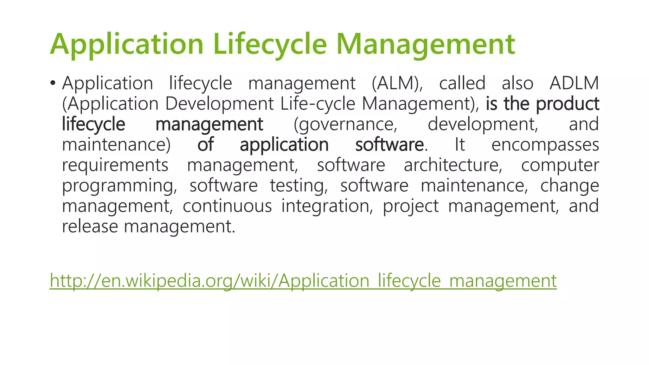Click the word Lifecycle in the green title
point(270,44)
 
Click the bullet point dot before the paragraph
point(53,83)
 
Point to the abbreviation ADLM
point(574,83)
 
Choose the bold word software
point(389,145)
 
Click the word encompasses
point(545,145)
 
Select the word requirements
point(115,165)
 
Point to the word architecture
point(453,165)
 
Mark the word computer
point(560,165)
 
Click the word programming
point(119,186)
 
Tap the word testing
point(299,186)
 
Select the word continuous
point(227,206)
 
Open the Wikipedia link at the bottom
point(303,281)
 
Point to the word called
point(462,83)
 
